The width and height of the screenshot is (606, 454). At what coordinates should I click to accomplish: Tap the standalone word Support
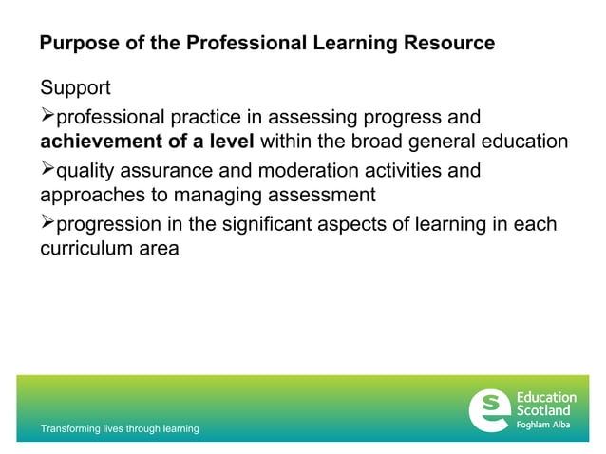click(75, 88)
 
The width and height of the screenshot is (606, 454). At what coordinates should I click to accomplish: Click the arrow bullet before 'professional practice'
click(47, 117)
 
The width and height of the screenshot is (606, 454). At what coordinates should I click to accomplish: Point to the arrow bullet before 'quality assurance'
click(47, 171)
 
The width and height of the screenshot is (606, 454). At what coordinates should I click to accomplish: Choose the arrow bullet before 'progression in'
click(47, 224)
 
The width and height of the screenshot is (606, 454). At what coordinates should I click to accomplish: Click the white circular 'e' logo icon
click(490, 408)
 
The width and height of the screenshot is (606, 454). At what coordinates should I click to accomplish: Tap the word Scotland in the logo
click(543, 410)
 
